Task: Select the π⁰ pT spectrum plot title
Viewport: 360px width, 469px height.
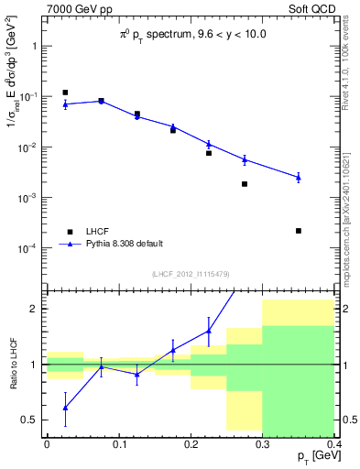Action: pyautogui.click(x=190, y=36)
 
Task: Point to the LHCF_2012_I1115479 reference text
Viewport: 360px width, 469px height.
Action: pyautogui.click(x=190, y=275)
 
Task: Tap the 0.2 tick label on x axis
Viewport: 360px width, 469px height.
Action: pyautogui.click(x=191, y=444)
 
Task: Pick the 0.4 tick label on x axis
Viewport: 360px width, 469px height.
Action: pyautogui.click(x=334, y=444)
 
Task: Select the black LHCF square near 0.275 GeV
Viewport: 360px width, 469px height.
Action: pyautogui.click(x=245, y=184)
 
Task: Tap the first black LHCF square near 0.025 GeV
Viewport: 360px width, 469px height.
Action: pyautogui.click(x=65, y=93)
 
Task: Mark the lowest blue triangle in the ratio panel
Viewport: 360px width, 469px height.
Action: pyautogui.click(x=65, y=408)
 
